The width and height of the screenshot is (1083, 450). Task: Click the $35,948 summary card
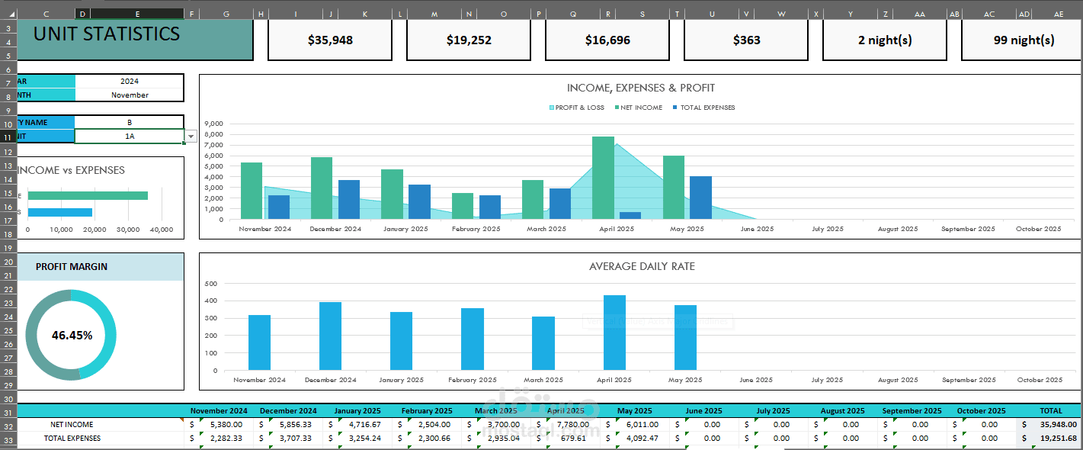click(x=330, y=40)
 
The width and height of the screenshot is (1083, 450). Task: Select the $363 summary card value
click(x=746, y=40)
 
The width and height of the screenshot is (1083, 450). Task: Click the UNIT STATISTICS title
click(x=107, y=34)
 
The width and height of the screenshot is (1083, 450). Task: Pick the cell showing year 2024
click(x=130, y=81)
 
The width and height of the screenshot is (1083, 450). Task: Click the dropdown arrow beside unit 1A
click(x=191, y=137)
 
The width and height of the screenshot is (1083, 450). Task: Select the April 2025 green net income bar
click(x=603, y=178)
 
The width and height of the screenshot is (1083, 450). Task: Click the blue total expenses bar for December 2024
click(x=349, y=200)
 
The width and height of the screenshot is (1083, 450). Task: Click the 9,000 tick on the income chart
click(x=215, y=124)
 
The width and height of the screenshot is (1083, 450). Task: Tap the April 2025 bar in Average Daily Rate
click(x=614, y=333)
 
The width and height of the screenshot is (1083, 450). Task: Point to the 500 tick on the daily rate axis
click(x=211, y=284)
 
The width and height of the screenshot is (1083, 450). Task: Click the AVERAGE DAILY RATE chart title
click(x=642, y=267)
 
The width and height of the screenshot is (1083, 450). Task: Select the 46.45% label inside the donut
click(x=72, y=336)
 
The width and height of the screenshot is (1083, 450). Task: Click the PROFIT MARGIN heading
click(x=72, y=267)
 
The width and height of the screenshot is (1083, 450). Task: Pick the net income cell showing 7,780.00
click(x=572, y=425)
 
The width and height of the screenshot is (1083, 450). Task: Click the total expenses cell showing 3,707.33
click(x=294, y=439)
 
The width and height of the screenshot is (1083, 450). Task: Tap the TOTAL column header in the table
click(x=1050, y=411)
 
